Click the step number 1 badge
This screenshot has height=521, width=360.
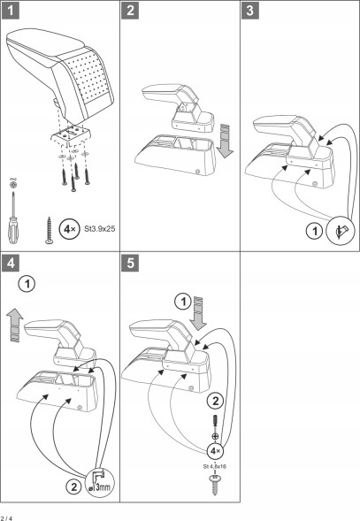(x=11, y=11)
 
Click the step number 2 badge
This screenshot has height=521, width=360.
(x=130, y=11)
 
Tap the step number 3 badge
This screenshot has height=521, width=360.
(x=250, y=11)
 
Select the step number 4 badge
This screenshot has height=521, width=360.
(x=11, y=263)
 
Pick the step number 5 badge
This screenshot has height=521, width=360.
(x=130, y=263)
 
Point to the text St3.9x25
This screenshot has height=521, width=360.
(x=100, y=229)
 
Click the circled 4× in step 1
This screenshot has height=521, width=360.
(x=69, y=229)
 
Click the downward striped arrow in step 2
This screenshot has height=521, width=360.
(x=225, y=141)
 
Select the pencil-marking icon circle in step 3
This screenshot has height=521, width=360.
(x=341, y=230)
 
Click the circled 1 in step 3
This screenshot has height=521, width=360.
(x=315, y=231)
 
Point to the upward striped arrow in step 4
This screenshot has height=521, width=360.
(x=15, y=325)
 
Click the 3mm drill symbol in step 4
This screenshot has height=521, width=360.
(x=100, y=483)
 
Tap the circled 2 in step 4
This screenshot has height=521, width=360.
(x=73, y=487)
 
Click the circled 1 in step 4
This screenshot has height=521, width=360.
(x=27, y=284)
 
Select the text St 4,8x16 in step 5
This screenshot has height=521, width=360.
(x=215, y=466)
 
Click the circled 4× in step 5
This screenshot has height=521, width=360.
(x=215, y=451)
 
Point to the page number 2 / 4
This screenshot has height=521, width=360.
(x=6, y=518)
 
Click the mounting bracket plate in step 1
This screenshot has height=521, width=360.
(x=71, y=134)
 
